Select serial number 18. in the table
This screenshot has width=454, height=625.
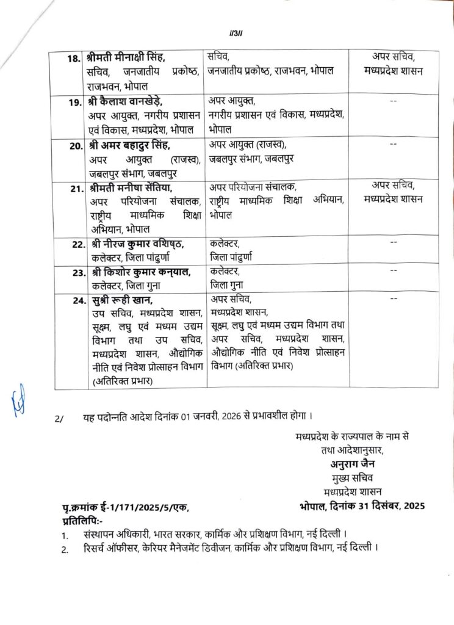pyautogui.click(x=74, y=59)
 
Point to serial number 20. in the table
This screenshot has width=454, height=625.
pyautogui.click(x=74, y=145)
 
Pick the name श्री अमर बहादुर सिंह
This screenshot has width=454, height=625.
pyautogui.click(x=129, y=145)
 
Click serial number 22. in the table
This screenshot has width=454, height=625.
pyautogui.click(x=74, y=245)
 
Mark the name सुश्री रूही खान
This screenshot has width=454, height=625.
pyautogui.click(x=119, y=300)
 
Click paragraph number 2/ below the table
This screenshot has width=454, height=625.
pyautogui.click(x=59, y=419)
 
